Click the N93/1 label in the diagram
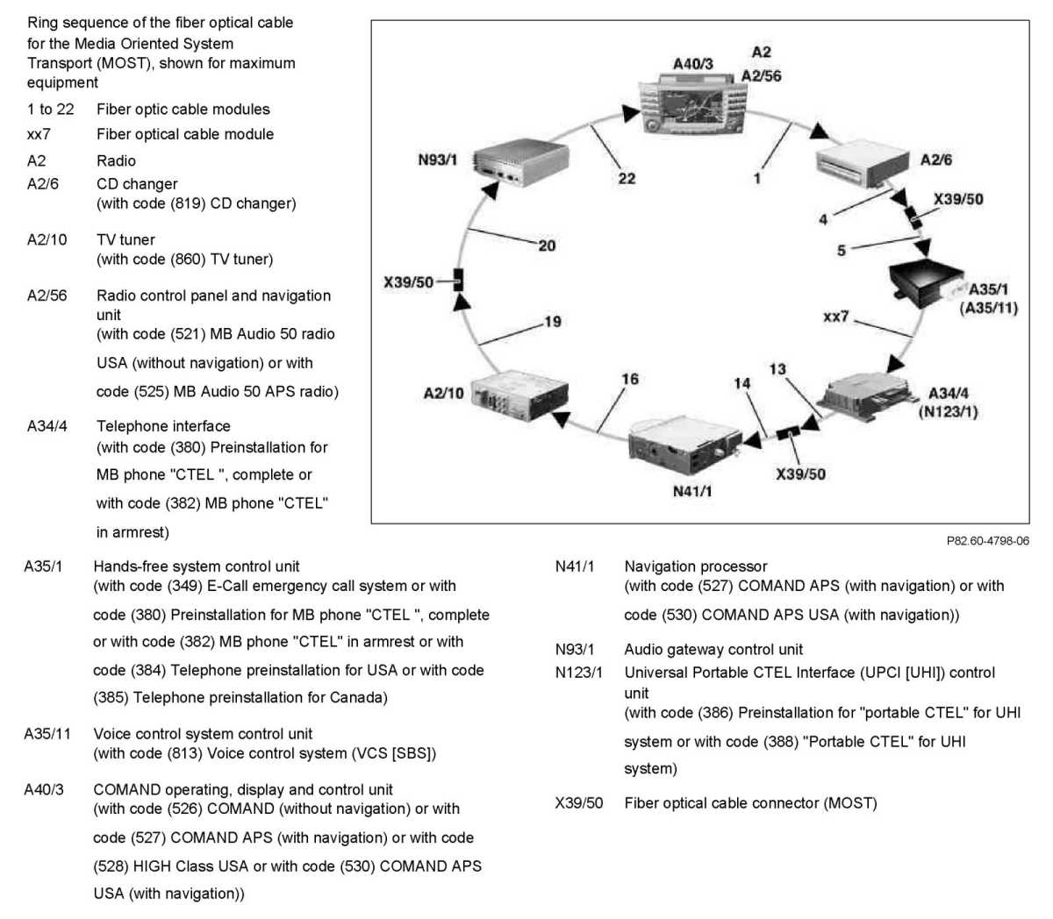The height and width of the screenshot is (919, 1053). (x=437, y=160)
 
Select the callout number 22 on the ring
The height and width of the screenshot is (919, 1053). (x=627, y=178)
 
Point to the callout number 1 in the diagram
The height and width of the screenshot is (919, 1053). (x=757, y=178)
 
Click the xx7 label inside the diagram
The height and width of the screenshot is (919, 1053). (x=835, y=317)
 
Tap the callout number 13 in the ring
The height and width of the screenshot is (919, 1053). (x=777, y=369)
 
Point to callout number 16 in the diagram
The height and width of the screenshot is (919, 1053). (x=630, y=379)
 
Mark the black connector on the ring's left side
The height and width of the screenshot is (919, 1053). (x=457, y=281)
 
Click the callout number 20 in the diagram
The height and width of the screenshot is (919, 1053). (x=547, y=246)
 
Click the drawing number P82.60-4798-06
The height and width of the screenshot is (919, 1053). (x=987, y=541)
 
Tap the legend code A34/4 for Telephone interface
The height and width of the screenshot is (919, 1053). (x=47, y=426)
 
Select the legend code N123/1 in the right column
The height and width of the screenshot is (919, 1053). (x=578, y=673)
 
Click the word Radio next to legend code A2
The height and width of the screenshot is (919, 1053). (x=116, y=160)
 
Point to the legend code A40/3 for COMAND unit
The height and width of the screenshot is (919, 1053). (x=44, y=790)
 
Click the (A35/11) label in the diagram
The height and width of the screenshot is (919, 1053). (x=989, y=308)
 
